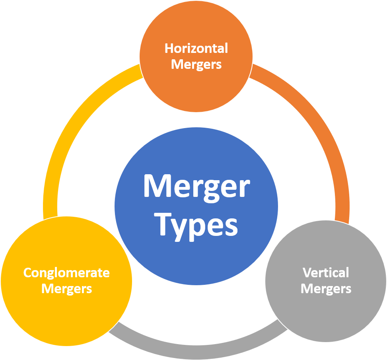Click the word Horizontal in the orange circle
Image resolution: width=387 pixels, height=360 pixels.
(x=196, y=49)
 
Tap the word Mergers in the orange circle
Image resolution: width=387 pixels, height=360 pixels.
(x=196, y=64)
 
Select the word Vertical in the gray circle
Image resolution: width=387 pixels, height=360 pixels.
(x=326, y=273)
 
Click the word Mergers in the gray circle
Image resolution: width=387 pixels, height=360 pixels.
(x=326, y=288)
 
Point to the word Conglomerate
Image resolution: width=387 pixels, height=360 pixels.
(x=66, y=273)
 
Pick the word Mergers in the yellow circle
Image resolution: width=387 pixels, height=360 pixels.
(x=66, y=288)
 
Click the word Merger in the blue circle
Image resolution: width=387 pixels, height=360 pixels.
(x=196, y=186)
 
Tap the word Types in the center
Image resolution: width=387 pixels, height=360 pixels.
(x=196, y=225)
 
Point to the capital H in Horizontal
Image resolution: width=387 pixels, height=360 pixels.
(x=169, y=49)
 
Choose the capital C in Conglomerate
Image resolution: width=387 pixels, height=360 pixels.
(x=27, y=273)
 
